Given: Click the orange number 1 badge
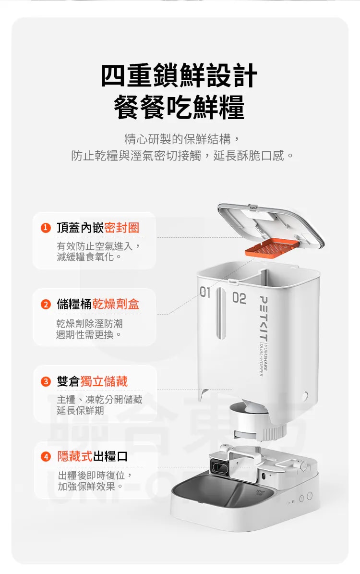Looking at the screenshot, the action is (46, 228).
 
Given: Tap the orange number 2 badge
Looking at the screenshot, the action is (46, 304).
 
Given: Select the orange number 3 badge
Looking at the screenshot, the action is (46, 381).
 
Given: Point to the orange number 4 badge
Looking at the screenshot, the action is (46, 456).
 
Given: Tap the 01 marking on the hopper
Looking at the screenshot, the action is (205, 293).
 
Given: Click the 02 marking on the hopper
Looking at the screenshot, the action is (239, 298).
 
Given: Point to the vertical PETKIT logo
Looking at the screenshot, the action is (263, 318).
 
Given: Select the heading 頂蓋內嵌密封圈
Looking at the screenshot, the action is (98, 228).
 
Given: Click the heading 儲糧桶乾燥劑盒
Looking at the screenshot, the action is (98, 304).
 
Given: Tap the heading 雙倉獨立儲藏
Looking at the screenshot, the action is (92, 381).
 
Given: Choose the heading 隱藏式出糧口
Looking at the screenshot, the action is (92, 456).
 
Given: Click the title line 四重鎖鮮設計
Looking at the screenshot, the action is (179, 75).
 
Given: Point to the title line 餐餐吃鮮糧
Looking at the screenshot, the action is (179, 107).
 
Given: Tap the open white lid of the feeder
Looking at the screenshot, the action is (271, 225).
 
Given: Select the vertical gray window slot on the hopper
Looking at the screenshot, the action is (221, 314).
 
